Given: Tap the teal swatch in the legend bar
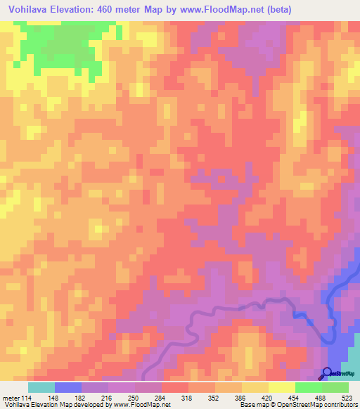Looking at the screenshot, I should (41, 387).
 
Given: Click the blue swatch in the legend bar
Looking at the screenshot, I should (68, 387).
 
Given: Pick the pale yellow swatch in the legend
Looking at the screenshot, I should (282, 387).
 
